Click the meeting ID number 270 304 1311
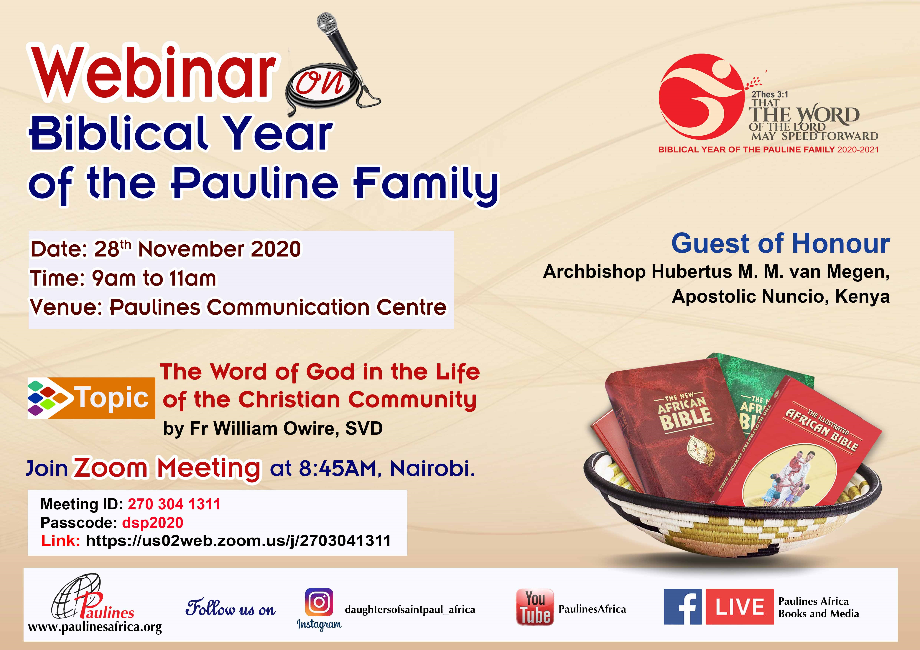[174, 504]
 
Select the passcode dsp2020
[153, 522]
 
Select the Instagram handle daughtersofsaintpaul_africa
[410, 610]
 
